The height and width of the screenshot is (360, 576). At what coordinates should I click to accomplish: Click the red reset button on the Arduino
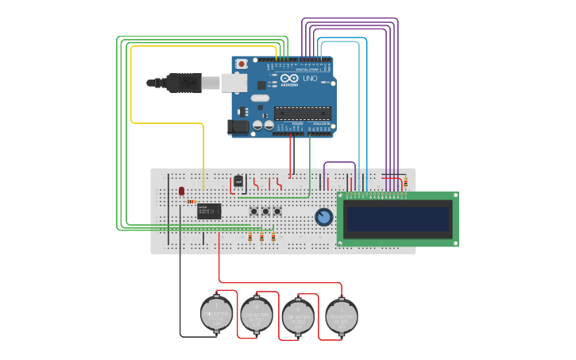tap(242, 64)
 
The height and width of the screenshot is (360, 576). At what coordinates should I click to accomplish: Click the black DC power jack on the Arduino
tap(238, 126)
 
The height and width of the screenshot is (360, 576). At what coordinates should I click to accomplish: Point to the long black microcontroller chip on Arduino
tap(302, 113)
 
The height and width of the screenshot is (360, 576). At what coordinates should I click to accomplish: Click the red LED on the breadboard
tap(182, 191)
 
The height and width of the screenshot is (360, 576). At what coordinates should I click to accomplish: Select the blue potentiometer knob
tap(323, 216)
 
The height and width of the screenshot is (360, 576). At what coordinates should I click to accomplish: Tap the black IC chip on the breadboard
tap(209, 211)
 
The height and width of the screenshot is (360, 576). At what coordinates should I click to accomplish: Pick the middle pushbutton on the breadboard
tap(265, 211)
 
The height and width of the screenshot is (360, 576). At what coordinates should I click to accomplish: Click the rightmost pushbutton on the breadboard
tap(277, 211)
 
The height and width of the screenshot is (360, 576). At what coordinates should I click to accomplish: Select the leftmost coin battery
tap(217, 313)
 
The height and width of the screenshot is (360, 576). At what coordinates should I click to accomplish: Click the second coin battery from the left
tap(257, 313)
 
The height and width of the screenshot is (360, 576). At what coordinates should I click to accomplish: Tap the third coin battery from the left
tap(298, 315)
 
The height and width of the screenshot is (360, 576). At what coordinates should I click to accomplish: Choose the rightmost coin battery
tap(341, 315)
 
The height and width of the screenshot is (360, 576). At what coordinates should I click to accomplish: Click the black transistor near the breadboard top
tap(238, 180)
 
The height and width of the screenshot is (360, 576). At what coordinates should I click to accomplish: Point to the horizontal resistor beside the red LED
tap(191, 201)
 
